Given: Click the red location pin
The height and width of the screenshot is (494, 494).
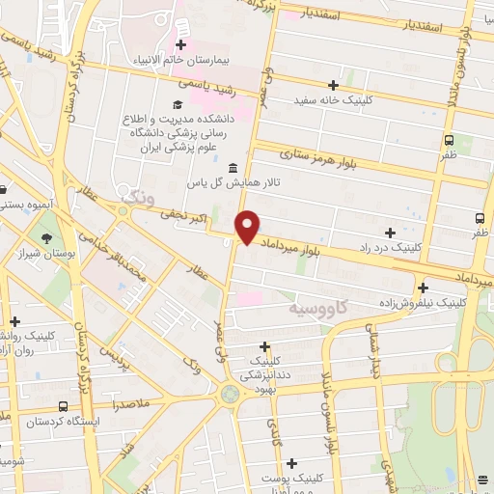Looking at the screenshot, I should [x=248, y=227].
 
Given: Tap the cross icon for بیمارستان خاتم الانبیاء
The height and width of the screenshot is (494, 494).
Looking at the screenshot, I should [x=180, y=44].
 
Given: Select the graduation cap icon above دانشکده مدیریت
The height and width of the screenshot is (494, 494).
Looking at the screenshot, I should [x=177, y=104].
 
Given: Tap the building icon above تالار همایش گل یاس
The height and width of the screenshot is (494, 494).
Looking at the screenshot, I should [x=233, y=169].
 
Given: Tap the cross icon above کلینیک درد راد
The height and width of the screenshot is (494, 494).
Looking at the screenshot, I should [x=390, y=233].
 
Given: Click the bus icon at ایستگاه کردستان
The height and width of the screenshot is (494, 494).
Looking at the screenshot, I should [x=64, y=407].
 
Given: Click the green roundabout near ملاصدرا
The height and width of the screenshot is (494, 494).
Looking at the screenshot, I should [x=230, y=394].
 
